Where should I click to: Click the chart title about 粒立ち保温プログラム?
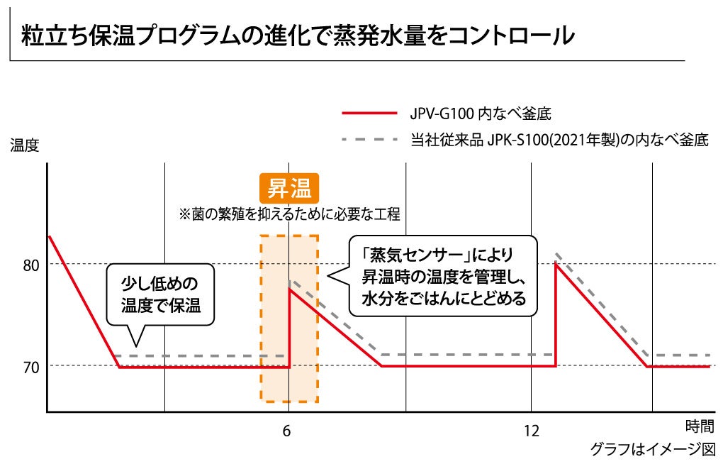(298, 35)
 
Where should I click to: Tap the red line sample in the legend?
(369, 113)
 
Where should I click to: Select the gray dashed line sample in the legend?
(369, 140)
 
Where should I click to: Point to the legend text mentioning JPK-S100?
(559, 140)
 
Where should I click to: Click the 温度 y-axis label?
(24, 145)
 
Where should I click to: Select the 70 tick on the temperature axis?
(32, 366)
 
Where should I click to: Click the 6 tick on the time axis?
(286, 430)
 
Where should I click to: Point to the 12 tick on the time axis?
(532, 430)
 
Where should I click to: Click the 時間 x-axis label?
(700, 426)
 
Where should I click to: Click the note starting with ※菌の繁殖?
(289, 213)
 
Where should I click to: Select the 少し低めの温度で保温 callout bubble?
(160, 295)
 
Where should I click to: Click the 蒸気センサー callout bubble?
(443, 275)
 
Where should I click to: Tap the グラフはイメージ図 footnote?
(653, 449)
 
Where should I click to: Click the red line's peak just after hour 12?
(556, 264)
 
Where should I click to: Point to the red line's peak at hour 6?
(289, 289)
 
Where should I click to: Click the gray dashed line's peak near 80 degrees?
(557, 253)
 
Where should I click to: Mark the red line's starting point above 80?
(49, 236)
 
